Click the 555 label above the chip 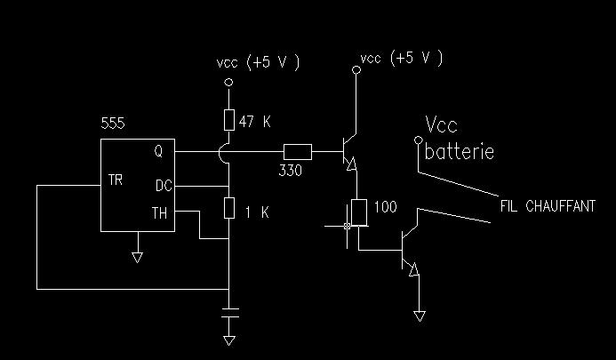[x=113, y=124]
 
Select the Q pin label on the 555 [x=158, y=151]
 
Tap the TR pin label [x=116, y=180]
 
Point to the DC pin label [x=164, y=186]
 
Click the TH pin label [x=159, y=213]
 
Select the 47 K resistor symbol [x=229, y=120]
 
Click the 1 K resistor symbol [x=229, y=208]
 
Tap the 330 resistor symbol [x=298, y=152]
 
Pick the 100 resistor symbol [x=359, y=212]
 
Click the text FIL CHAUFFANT [x=548, y=206]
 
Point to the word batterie [x=460, y=152]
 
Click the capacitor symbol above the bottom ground [x=230, y=313]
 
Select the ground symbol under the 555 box [x=137, y=258]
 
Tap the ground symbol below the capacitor [x=229, y=340]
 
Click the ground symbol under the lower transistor [x=420, y=316]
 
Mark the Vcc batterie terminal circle [x=419, y=140]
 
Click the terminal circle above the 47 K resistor [x=228, y=82]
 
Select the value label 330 [x=291, y=171]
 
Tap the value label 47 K [x=254, y=122]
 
